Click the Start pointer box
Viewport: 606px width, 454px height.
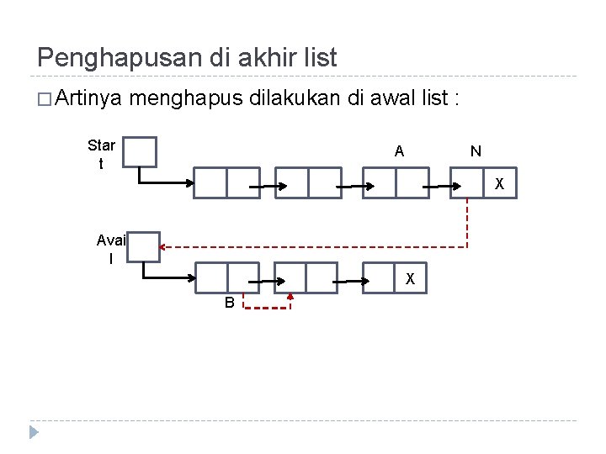click(141, 152)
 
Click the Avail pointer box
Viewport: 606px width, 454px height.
click(144, 246)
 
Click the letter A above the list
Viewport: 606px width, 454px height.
click(400, 151)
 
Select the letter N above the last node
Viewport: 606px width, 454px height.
click(476, 151)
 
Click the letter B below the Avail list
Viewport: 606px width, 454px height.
click(229, 303)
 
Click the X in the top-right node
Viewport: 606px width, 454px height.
click(498, 184)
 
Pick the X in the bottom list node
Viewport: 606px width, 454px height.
click(409, 278)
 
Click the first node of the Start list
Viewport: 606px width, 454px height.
click(227, 182)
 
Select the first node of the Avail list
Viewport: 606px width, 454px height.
click(227, 277)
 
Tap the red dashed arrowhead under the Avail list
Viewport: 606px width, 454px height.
click(290, 296)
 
